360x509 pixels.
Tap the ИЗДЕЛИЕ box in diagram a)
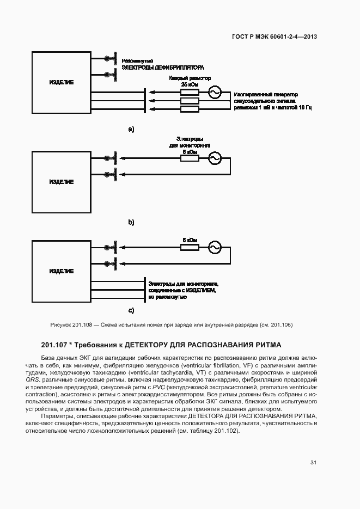pyautogui.click(x=62, y=82)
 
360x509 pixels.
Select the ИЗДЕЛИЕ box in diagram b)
pyautogui.click(x=62, y=182)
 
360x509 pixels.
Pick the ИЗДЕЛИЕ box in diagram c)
pyautogui.click(x=62, y=271)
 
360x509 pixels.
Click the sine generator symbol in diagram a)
pyautogui.click(x=213, y=93)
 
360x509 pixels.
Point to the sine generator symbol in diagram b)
pyautogui.click(x=213, y=158)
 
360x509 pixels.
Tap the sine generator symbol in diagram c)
pyautogui.click(x=213, y=248)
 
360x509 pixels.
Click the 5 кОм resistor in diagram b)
pyautogui.click(x=190, y=158)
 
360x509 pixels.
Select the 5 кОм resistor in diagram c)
pyautogui.click(x=190, y=248)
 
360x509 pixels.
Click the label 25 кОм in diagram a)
pyautogui.click(x=190, y=85)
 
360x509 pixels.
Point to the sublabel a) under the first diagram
pyautogui.click(x=131, y=129)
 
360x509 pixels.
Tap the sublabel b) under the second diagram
pyautogui.click(x=131, y=222)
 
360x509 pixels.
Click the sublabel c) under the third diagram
pyautogui.click(x=131, y=311)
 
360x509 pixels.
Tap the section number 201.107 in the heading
pyautogui.click(x=56, y=345)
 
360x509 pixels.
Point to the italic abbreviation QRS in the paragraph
pyautogui.click(x=32, y=380)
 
